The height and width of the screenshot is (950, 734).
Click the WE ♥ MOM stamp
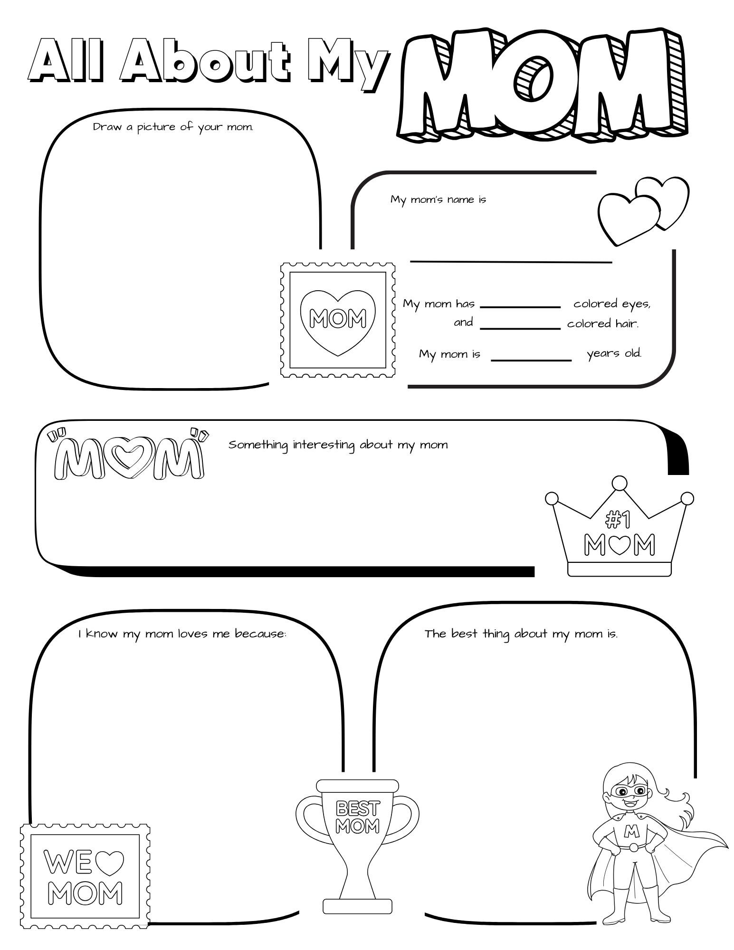[x=85, y=876]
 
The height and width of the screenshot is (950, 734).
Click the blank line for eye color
[x=520, y=306]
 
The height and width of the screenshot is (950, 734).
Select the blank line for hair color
[x=520, y=327]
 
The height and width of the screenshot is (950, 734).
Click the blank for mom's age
[x=531, y=360]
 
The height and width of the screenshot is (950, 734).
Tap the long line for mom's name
[x=511, y=261]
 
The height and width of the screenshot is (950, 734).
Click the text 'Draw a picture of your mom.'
[x=173, y=127]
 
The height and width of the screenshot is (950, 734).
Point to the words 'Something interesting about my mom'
[x=338, y=445]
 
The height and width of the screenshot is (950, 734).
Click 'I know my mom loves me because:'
[x=182, y=634]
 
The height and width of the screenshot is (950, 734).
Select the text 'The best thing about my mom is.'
[x=521, y=634]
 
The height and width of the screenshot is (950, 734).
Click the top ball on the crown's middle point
[x=619, y=483]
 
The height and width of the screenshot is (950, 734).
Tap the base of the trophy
[x=357, y=906]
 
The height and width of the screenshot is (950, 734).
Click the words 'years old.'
[x=614, y=353]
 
